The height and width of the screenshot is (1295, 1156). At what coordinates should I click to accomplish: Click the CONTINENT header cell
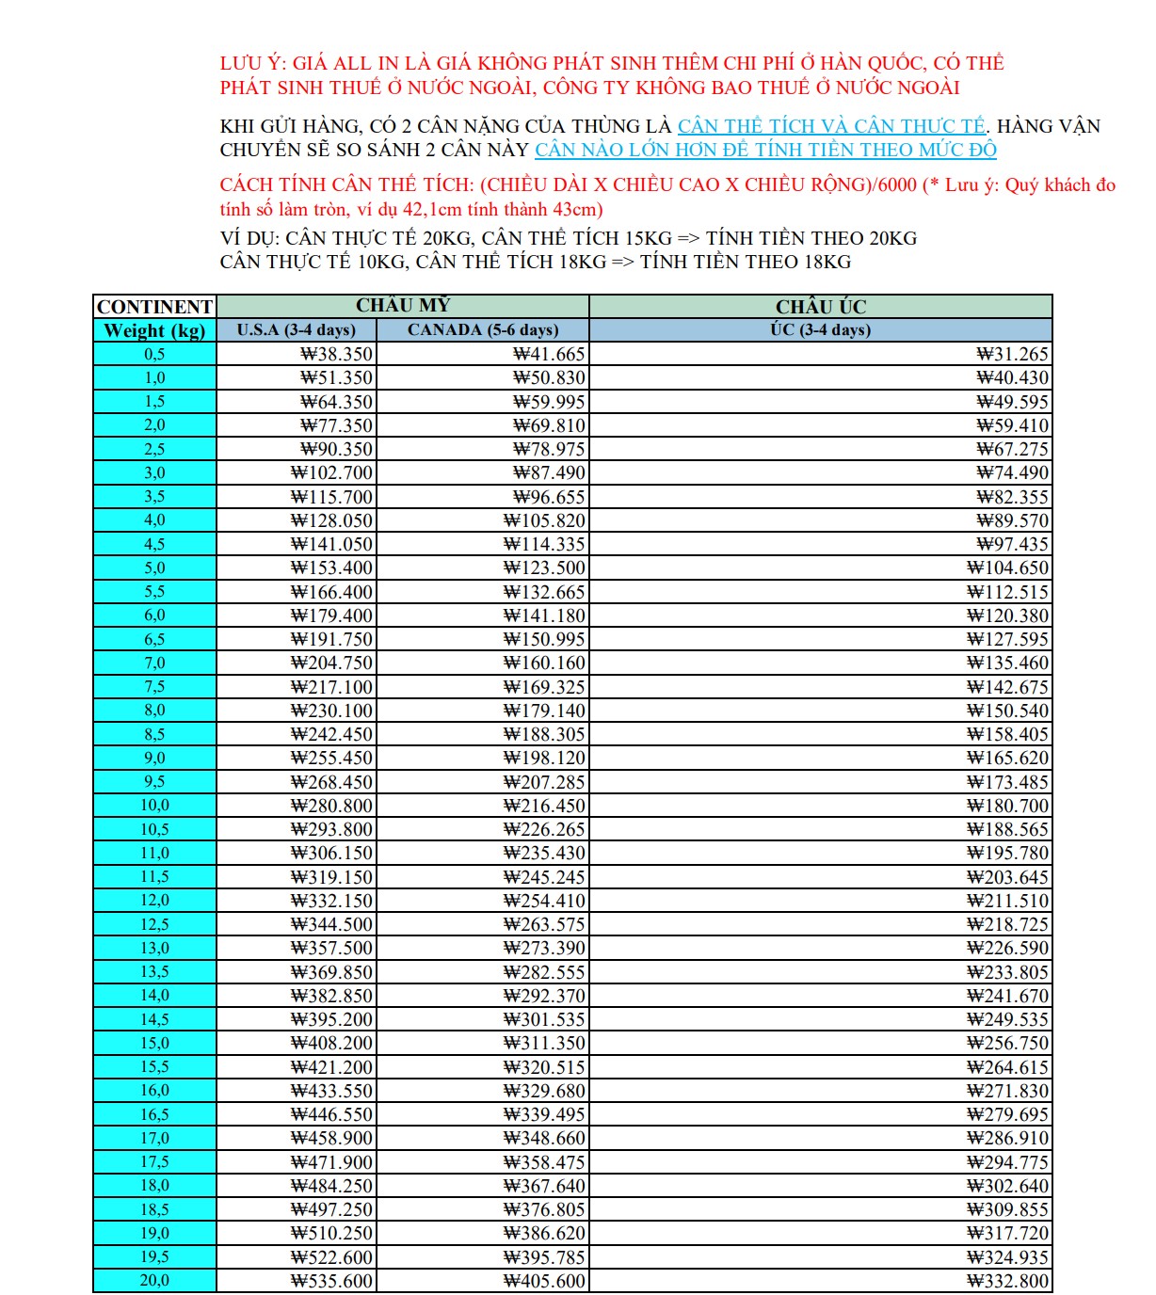pos(154,307)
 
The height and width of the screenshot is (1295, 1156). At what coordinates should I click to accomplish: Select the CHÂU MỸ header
pos(403,306)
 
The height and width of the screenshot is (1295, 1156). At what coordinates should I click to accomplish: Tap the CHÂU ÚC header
pos(821,307)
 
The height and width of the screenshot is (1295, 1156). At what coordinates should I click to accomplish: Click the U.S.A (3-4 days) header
pos(297,330)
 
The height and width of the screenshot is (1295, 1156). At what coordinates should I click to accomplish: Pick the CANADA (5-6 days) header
pos(483,330)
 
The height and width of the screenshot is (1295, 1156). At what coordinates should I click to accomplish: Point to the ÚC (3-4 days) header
pos(821,330)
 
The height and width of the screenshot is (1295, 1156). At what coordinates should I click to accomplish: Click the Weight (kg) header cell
pos(154,330)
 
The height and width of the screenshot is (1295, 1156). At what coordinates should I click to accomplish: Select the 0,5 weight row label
pos(154,354)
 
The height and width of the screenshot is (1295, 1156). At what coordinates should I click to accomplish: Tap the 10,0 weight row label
pos(154,806)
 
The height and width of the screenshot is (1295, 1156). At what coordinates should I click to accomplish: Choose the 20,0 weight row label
pos(154,1281)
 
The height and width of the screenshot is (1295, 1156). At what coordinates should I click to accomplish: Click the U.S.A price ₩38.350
pos(336,355)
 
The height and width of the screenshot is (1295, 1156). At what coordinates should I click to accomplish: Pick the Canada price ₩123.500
pos(544,568)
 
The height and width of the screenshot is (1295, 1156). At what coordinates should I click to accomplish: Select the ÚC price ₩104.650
pos(1007,568)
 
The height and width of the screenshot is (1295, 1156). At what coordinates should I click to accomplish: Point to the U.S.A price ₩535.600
pos(331,1281)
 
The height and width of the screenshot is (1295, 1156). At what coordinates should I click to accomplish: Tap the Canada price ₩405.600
pos(544,1281)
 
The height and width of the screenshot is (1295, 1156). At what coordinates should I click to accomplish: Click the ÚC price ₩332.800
pos(1007,1281)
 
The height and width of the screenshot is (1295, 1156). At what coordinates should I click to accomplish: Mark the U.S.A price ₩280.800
pos(331,806)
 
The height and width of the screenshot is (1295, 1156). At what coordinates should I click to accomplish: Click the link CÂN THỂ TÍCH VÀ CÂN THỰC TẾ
pos(831,126)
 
